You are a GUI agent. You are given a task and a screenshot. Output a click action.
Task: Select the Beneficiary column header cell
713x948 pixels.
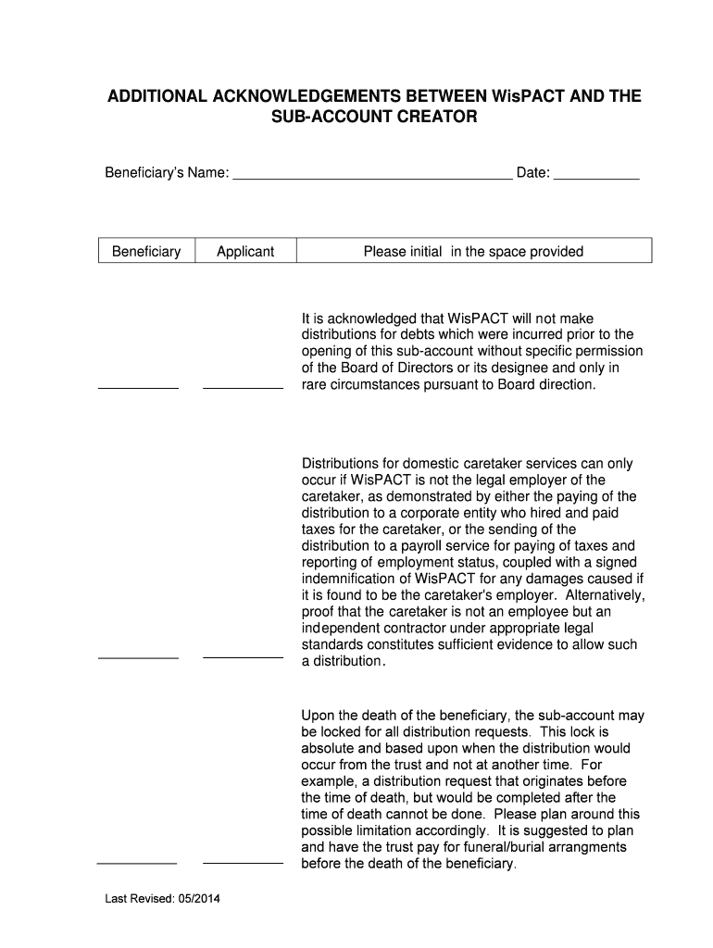[x=146, y=251]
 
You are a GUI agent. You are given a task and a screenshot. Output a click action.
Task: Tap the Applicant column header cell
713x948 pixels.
[x=245, y=251]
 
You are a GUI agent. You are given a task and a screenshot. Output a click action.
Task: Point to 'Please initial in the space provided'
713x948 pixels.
[x=473, y=251]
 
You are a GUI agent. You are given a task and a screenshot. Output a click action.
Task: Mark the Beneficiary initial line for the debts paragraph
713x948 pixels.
[x=138, y=387]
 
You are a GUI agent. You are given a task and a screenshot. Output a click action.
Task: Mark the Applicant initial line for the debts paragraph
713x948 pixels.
[x=243, y=387]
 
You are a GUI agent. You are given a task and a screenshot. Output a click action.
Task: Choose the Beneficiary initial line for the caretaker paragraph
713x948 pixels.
[x=138, y=656]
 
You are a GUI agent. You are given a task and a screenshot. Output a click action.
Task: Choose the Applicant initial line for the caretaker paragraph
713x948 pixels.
[x=243, y=656]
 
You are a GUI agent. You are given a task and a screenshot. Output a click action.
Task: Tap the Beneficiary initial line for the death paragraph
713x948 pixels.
[x=137, y=862]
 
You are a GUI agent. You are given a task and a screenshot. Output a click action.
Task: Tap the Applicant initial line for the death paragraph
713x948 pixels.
[x=243, y=862]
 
